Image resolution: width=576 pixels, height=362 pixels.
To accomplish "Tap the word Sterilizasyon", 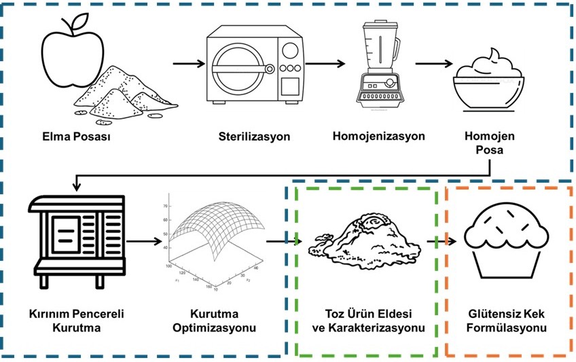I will (255, 137).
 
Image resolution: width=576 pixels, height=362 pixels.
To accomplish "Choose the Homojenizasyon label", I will (378, 136).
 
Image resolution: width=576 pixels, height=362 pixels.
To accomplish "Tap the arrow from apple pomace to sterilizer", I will (188, 65).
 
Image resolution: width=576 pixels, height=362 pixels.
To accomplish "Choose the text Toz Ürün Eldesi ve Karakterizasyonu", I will (367, 321).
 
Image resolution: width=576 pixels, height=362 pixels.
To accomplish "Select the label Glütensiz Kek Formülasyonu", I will (506, 321).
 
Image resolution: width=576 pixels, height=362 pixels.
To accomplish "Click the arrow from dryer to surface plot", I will (144, 240).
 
